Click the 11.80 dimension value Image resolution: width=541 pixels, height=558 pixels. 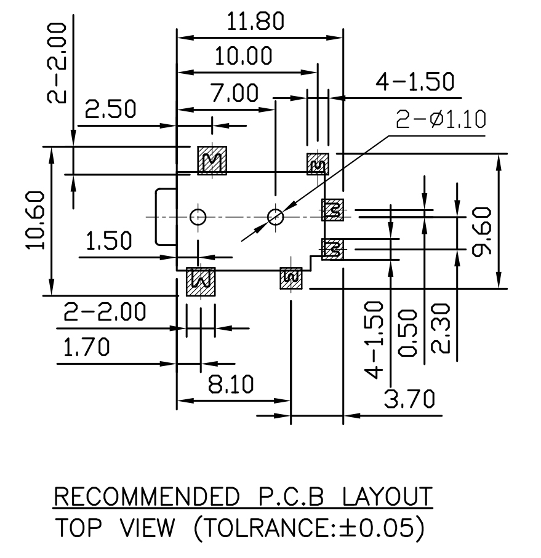256,22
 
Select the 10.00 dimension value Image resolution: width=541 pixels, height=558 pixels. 243,57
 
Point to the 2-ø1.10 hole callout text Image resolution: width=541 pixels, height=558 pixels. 441,119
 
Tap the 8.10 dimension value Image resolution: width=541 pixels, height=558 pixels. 230,385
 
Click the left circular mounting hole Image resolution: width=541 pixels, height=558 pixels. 198,217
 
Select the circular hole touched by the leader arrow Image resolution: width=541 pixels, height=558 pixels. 276,217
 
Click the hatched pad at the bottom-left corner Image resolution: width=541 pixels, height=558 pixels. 201,282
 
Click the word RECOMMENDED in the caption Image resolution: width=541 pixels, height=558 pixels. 146,496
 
